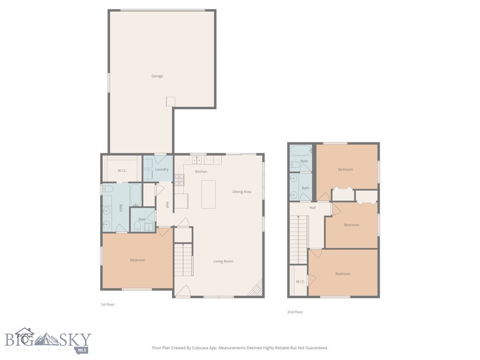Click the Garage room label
157,76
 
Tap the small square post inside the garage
171,102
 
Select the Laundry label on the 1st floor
162,169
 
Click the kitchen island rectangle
209,194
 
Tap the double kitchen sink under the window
197,160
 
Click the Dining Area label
242,192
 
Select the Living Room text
223,261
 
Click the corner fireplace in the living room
256,289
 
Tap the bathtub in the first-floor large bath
135,195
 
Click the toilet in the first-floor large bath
108,189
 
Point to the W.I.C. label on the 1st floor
122,170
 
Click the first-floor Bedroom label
137,260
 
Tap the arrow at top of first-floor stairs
183,245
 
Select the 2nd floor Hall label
312,208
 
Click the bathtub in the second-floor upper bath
300,151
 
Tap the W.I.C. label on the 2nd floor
300,282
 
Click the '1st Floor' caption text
107,305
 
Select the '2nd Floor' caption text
295,312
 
